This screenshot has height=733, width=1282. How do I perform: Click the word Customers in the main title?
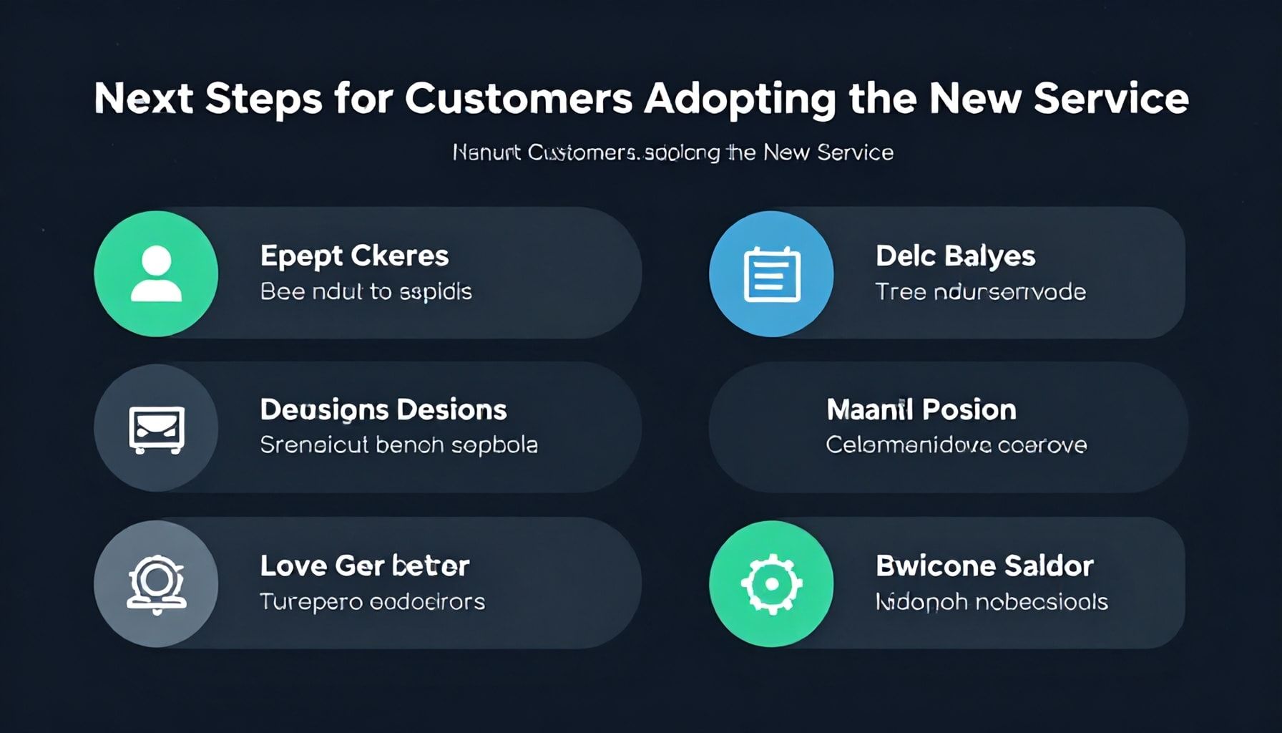click(519, 99)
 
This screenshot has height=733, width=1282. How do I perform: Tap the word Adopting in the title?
click(740, 99)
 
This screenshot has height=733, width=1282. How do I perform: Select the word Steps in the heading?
click(263, 99)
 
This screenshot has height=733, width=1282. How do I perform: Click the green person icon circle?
click(156, 273)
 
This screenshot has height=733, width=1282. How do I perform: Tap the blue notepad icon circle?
click(771, 273)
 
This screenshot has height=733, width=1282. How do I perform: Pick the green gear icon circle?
click(771, 583)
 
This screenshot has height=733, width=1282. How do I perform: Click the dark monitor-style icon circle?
click(156, 428)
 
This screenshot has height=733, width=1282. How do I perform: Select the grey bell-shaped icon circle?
click(156, 583)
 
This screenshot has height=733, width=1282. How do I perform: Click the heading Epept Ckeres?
click(354, 256)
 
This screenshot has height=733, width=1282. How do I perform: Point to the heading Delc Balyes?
click(955, 256)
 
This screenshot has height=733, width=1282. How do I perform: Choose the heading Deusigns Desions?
click(383, 410)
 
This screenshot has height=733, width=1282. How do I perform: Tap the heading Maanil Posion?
click(921, 410)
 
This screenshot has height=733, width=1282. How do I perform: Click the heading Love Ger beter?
click(365, 566)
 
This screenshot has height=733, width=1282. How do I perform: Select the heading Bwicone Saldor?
click(984, 566)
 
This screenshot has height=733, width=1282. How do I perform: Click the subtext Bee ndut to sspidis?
click(366, 292)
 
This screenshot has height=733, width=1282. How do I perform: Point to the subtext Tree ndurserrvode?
click(980, 292)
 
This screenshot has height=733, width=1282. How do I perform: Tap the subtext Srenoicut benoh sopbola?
click(398, 445)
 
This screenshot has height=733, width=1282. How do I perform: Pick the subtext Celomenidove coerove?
click(956, 445)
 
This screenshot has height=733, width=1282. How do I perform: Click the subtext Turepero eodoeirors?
click(372, 601)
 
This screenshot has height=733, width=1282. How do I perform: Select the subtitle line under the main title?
click(672, 152)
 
